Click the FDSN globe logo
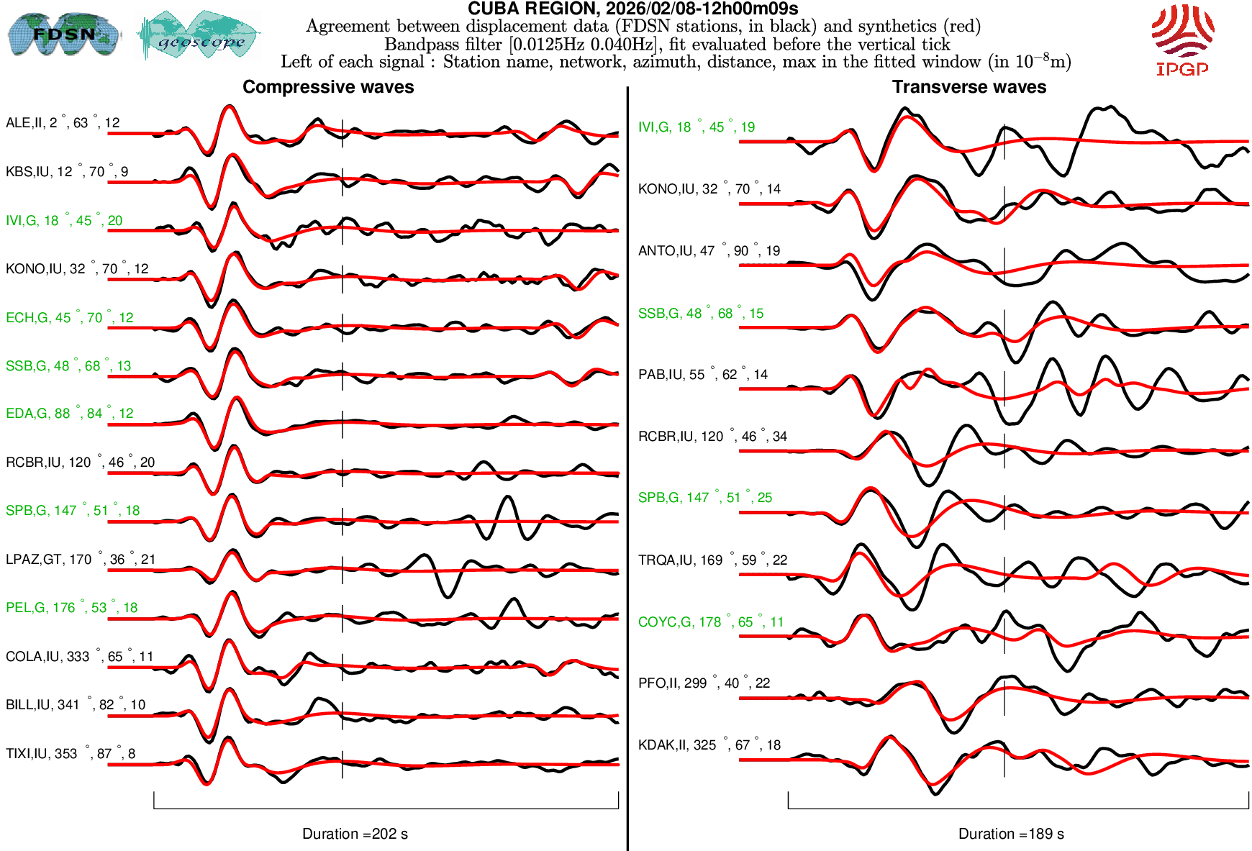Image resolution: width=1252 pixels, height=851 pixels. click(64, 34)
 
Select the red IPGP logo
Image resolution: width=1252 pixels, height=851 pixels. click(1182, 40)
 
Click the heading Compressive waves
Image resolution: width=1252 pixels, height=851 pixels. click(328, 87)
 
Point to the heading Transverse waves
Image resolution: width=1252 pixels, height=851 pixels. click(969, 87)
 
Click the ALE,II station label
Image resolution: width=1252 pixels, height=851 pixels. click(63, 123)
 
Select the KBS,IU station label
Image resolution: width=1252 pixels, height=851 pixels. click(67, 172)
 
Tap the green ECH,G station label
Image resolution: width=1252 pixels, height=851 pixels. click(69, 318)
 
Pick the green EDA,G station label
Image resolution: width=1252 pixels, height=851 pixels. click(69, 414)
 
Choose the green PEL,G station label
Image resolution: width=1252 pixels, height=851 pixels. click(71, 608)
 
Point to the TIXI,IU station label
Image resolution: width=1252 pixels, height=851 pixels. click(71, 754)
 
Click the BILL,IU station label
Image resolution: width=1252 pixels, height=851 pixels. click(76, 705)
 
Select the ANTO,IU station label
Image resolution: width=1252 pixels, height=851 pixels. click(709, 251)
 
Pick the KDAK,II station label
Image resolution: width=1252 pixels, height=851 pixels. click(709, 745)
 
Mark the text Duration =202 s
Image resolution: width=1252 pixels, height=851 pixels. click(355, 834)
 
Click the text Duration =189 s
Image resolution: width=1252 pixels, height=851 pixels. click(1011, 834)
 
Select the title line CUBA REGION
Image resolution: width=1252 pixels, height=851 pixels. click(632, 9)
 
